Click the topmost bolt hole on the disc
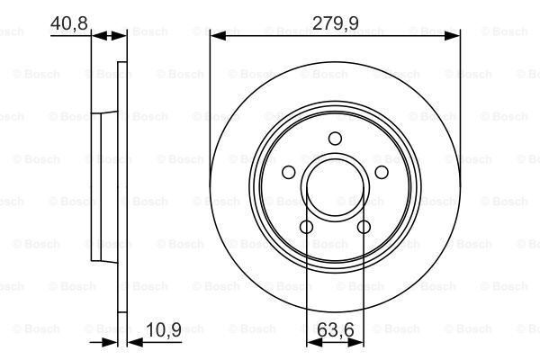pos(335,138)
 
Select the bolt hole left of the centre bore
pos(289,172)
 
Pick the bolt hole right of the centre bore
pos(381,172)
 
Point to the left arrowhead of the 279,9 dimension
pos(216,35)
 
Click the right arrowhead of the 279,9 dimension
pos(454,35)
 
